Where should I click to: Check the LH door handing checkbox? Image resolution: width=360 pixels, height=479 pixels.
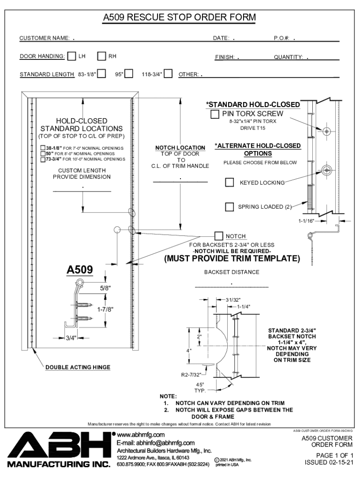[72, 57]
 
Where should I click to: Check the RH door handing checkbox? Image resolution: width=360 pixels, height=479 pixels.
[102, 57]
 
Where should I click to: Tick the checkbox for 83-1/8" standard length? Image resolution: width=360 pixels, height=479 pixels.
[101, 74]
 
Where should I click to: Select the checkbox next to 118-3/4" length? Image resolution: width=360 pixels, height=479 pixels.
[168, 74]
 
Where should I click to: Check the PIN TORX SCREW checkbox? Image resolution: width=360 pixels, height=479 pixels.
[215, 114]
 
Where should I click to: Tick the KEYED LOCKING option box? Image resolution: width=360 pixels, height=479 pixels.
[230, 182]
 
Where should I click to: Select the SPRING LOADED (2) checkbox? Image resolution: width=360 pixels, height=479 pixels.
[230, 207]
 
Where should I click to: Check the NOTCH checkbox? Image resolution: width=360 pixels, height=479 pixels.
[219, 236]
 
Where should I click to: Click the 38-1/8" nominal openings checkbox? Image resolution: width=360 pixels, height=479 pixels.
[43, 148]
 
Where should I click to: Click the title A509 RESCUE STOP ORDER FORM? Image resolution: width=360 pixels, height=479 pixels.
[180, 18]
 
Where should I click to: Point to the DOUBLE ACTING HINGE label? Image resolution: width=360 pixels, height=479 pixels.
[78, 367]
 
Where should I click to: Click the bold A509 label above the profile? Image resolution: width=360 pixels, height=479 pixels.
[79, 270]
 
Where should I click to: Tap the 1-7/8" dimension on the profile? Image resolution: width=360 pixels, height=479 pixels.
[105, 309]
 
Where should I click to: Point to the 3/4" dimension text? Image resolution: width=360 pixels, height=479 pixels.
[71, 337]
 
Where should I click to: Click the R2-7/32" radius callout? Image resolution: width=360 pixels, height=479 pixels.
[191, 374]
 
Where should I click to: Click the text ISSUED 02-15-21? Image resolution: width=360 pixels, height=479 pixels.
[329, 462]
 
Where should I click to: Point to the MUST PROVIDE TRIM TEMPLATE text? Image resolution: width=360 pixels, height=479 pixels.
[231, 258]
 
